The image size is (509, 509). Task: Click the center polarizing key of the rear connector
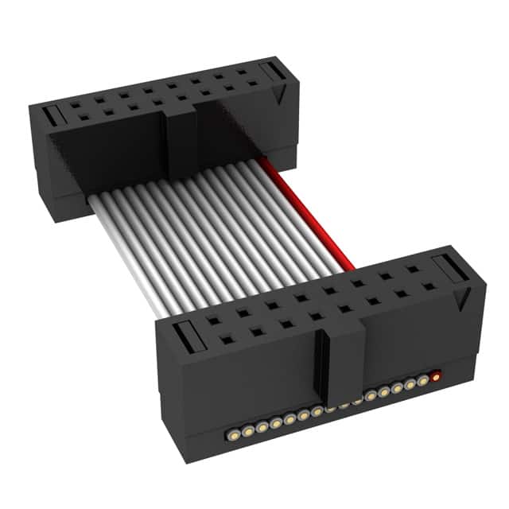click(181, 139)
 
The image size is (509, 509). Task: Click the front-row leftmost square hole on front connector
click(227, 340)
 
